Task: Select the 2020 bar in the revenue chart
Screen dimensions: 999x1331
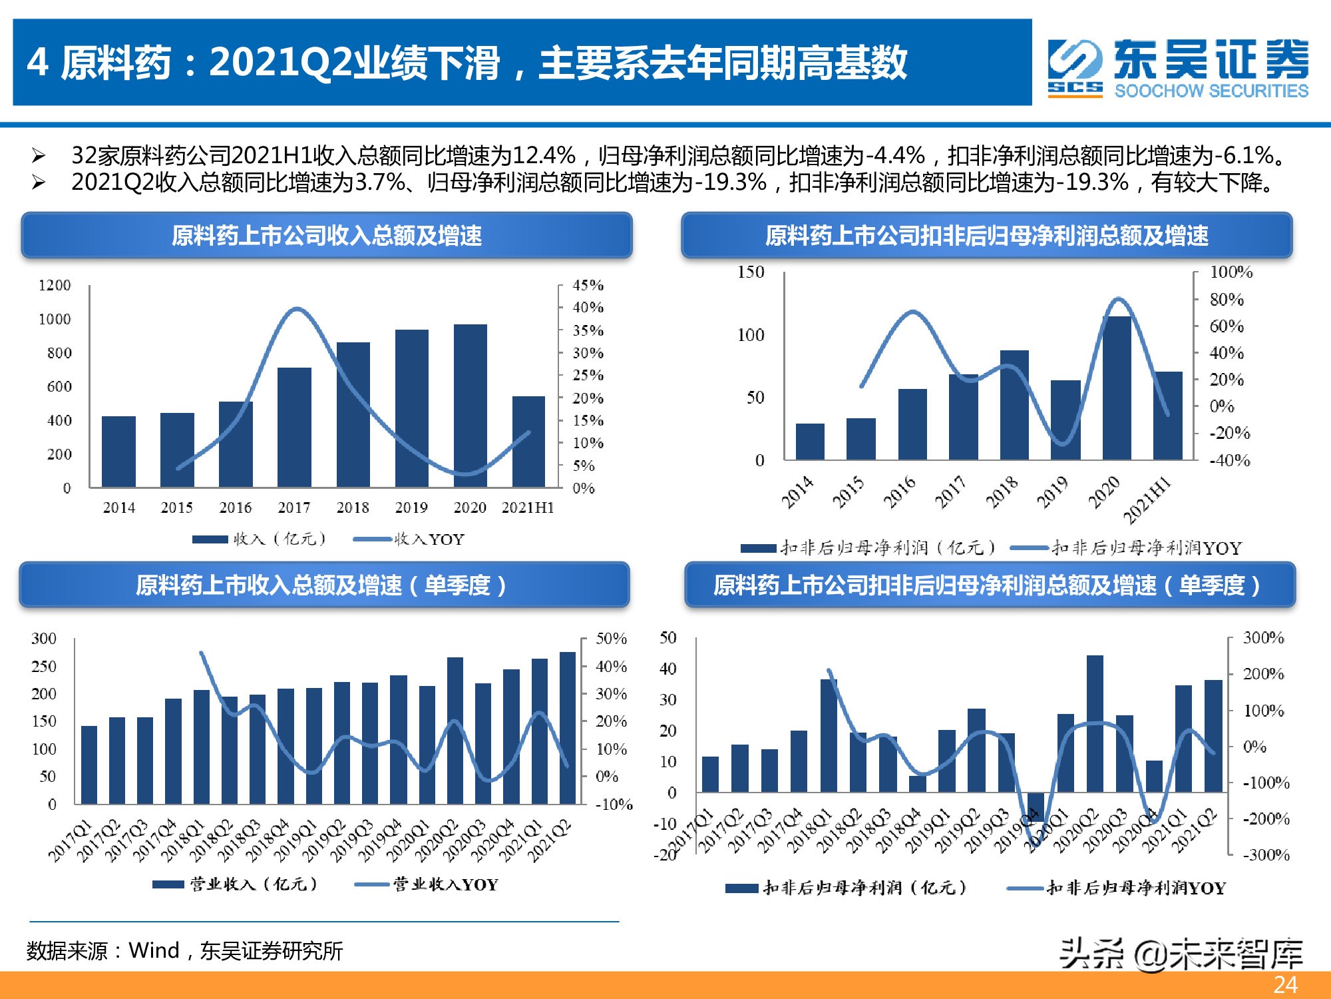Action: pos(470,406)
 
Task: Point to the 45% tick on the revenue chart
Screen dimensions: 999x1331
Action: pos(588,285)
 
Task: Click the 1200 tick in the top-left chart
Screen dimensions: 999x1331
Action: pos(55,285)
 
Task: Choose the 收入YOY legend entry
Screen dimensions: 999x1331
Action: pos(409,539)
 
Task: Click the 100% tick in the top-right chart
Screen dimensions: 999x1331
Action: pos(1231,272)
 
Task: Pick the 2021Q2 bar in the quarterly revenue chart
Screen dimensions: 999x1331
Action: pos(567,727)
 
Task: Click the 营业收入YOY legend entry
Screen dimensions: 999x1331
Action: pos(427,884)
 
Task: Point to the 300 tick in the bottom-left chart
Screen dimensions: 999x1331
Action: pos(44,639)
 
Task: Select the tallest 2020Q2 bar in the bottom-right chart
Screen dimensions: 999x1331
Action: pos(1095,723)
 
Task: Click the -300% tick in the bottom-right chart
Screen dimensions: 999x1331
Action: pos(1266,854)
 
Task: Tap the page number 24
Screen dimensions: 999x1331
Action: pos(1285,984)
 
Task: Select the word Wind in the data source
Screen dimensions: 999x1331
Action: pos(154,950)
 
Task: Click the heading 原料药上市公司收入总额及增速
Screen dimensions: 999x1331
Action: pos(326,235)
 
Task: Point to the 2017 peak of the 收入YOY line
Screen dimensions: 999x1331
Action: pos(296,309)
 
